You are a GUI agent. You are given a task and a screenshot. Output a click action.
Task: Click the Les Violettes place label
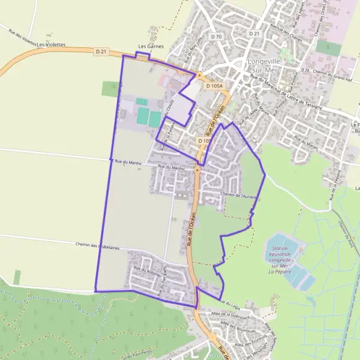[x=50, y=44]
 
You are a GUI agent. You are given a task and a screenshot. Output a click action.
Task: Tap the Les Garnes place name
[x=151, y=46]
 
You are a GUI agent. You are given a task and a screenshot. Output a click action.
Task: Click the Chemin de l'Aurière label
[x=238, y=196]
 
